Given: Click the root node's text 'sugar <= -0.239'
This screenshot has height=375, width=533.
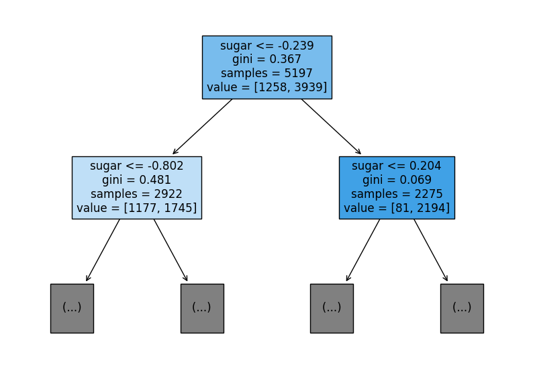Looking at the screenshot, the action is click(x=267, y=46).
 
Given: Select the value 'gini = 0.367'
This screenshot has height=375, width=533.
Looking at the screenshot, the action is click(x=267, y=60).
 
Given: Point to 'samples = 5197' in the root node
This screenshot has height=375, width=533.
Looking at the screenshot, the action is click(x=267, y=73).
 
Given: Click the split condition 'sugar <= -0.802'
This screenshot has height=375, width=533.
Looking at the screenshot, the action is click(x=137, y=166).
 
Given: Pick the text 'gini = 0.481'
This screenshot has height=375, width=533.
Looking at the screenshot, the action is click(x=137, y=180).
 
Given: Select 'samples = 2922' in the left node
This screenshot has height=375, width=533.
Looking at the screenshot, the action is click(x=137, y=194).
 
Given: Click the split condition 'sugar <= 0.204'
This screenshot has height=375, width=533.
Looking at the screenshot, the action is click(x=397, y=166).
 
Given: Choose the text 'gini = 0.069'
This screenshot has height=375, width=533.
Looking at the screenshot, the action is click(x=397, y=180).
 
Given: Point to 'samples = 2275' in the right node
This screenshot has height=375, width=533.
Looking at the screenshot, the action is click(x=397, y=194).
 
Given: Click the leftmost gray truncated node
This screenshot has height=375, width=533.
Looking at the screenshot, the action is click(x=72, y=309).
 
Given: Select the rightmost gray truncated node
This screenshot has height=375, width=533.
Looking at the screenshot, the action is click(x=462, y=309).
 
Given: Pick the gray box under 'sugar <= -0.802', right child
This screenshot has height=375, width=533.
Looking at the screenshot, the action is click(x=202, y=309).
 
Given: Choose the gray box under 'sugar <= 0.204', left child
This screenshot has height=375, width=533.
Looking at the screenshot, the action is click(x=332, y=309).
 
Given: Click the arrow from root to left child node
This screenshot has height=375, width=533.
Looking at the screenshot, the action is click(x=203, y=126).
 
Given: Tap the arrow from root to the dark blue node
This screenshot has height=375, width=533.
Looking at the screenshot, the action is click(x=331, y=126).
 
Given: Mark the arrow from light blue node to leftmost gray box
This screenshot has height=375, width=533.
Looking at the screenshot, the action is click(x=103, y=250).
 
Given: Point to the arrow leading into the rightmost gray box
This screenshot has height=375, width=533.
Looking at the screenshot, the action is click(x=431, y=250).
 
